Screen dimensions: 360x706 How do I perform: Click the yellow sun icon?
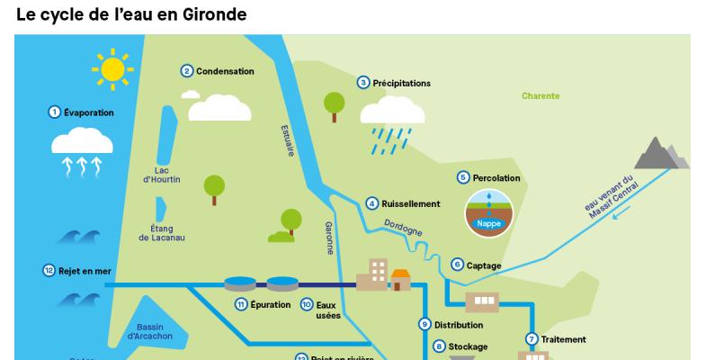coord(113,68)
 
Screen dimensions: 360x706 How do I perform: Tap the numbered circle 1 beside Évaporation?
coord(54,112)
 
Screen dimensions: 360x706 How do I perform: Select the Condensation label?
coord(225,71)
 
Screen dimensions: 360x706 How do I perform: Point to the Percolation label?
coord(496,178)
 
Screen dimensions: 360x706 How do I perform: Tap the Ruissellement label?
coord(410,204)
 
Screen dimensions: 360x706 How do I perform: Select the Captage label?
coord(484,265)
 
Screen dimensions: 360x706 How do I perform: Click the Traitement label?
coord(564,339)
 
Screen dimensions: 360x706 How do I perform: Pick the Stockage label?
coord(468,346)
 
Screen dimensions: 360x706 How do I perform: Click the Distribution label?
coord(459,325)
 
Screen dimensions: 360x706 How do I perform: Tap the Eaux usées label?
coord(328,310)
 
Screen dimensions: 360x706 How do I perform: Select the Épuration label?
coord(271,305)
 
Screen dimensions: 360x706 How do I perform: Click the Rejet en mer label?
coord(76,270)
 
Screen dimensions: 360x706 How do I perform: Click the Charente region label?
coord(541,96)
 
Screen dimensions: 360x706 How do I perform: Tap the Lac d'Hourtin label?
coord(162,175)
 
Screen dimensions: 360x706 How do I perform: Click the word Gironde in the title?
coord(212,15)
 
